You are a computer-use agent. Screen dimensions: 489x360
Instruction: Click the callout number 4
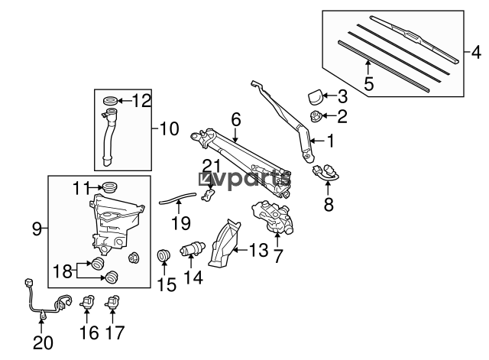click(x=476, y=53)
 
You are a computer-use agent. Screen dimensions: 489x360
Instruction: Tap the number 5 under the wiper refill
click(x=368, y=83)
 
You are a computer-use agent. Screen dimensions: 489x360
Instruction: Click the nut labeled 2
click(x=316, y=117)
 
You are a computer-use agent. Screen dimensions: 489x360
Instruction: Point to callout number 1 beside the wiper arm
click(x=331, y=141)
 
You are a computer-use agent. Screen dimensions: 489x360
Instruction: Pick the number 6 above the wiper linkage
click(x=236, y=119)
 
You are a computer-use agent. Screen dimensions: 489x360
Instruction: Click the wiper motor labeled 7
click(x=273, y=217)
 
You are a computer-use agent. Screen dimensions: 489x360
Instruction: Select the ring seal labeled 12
click(x=110, y=101)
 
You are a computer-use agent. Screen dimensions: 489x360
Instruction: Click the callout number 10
click(x=170, y=128)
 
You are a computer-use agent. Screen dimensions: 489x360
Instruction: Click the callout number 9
click(x=37, y=229)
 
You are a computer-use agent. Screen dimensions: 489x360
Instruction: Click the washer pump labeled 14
click(x=193, y=249)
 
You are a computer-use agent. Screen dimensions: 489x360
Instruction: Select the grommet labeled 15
click(x=163, y=256)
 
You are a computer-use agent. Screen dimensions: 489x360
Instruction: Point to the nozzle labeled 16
click(x=87, y=302)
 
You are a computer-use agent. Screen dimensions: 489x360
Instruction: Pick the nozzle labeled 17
click(x=112, y=302)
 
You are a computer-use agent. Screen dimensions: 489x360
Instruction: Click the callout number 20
click(x=43, y=343)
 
